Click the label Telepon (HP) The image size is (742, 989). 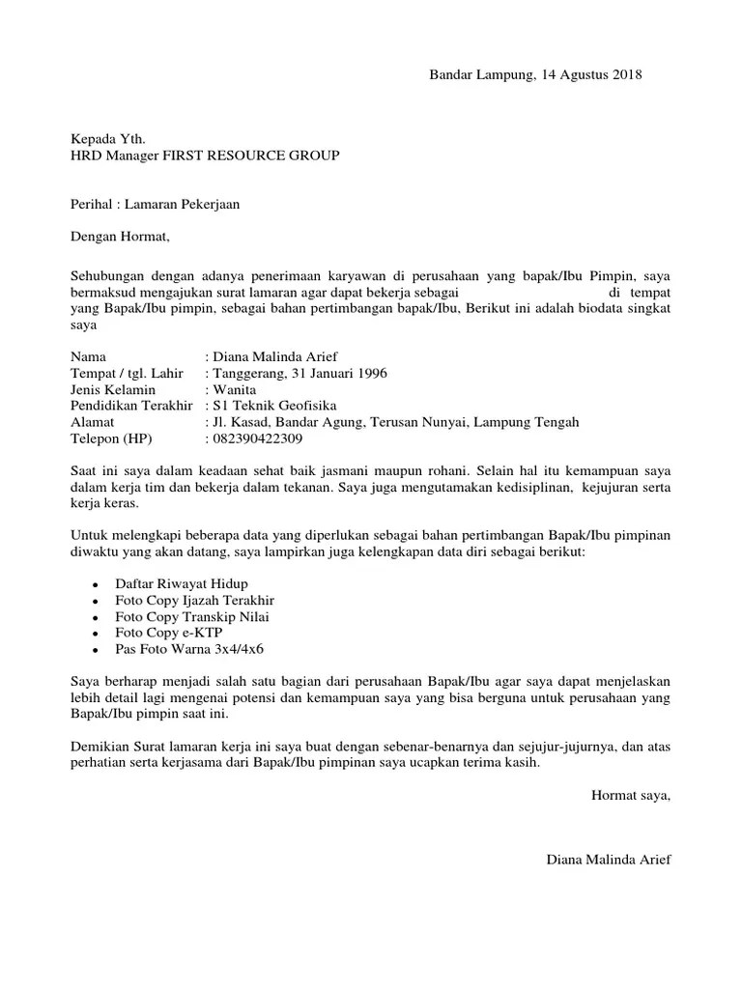(111, 438)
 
